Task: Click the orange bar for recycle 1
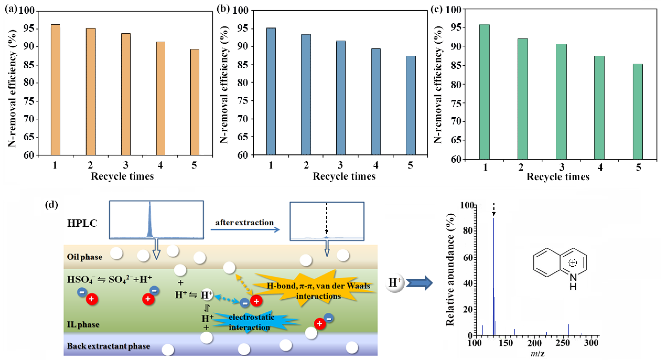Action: coord(56,90)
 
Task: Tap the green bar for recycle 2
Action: coord(523,99)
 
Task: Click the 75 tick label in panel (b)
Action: coord(242,101)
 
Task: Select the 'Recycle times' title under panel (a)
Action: coord(122,176)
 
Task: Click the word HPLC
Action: coord(82,223)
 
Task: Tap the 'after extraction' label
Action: coord(244,223)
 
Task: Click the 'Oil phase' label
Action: coord(85,257)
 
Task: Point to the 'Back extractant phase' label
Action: coord(109,346)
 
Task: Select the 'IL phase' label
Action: coord(83,325)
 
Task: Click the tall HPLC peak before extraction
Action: coord(150,221)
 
